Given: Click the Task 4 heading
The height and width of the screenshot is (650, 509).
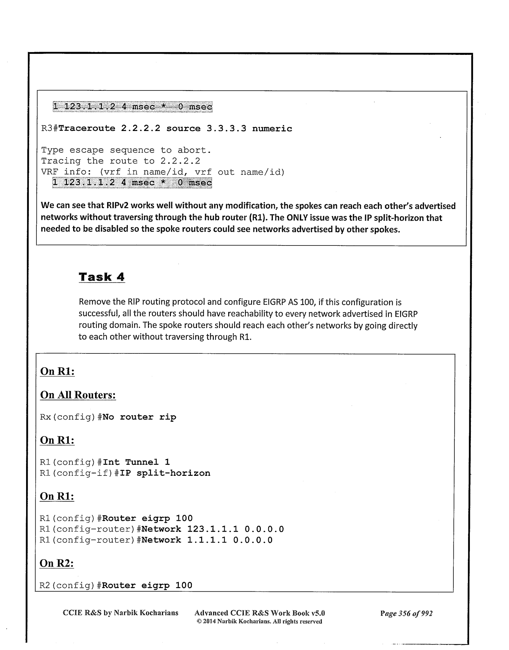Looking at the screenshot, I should tap(102, 277).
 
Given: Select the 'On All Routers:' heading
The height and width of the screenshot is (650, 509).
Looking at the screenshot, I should tap(78, 395).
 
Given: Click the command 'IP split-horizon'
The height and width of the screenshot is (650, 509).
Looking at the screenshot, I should tap(173, 473).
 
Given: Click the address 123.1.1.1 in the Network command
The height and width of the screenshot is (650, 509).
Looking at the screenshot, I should tap(213, 529).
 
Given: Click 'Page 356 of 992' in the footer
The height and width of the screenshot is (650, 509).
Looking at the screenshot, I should tap(406, 613).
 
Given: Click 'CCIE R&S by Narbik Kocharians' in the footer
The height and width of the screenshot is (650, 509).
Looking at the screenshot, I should tap(120, 613).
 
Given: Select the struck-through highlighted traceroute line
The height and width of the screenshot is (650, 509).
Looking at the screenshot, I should tap(132, 107).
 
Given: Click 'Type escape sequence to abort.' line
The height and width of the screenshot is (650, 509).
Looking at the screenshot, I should tap(126, 150).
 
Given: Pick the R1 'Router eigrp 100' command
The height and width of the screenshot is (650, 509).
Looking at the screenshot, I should tap(147, 518).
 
